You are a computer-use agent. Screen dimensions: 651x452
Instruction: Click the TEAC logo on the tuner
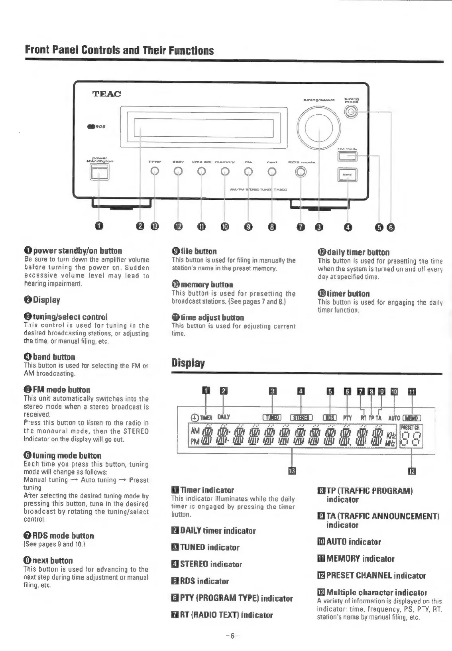106,94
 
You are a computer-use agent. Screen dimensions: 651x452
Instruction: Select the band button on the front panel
348,174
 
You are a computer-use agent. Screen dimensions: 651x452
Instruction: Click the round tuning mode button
351,113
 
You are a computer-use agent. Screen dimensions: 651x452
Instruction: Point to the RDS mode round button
301,172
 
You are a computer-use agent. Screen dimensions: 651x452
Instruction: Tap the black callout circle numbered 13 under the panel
155,227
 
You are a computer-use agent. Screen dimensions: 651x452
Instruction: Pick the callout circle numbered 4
348,227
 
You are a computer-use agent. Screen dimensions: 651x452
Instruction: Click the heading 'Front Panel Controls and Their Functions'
119,51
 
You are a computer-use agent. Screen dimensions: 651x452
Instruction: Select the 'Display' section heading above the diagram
188,363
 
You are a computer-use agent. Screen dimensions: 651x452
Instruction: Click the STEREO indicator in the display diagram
302,417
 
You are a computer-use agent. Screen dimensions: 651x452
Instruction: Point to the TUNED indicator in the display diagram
272,417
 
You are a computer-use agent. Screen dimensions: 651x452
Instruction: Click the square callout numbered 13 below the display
292,472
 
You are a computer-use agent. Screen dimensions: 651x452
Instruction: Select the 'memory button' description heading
202,285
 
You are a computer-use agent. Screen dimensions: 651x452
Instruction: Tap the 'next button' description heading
48,561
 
